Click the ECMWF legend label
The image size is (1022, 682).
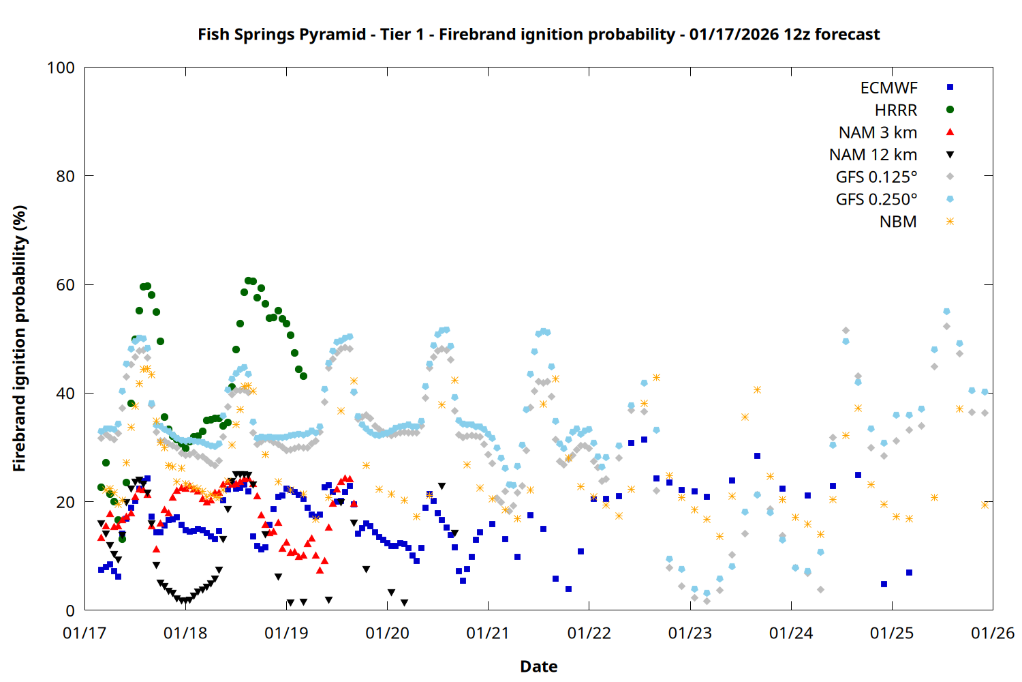coord(888,88)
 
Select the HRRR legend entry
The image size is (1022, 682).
coord(896,110)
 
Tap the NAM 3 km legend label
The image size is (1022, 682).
coord(878,133)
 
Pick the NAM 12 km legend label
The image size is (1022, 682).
coord(873,155)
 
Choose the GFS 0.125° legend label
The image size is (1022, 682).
coord(876,177)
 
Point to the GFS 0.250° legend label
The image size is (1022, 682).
coord(876,200)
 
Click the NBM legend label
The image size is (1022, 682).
coord(898,222)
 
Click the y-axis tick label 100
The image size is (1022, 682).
coord(61,68)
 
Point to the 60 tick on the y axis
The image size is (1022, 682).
coord(65,285)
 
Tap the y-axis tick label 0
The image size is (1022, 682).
coord(70,611)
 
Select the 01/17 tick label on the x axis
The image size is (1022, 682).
coord(84,634)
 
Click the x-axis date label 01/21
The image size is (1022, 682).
coord(488,634)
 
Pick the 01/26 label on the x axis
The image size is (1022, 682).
coord(993,634)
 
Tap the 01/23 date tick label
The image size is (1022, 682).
coord(690,634)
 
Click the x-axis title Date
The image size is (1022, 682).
coord(538,666)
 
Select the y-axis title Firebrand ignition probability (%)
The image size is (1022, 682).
coord(20,339)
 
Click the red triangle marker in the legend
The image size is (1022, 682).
coord(950,132)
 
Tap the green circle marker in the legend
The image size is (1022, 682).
coord(950,110)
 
